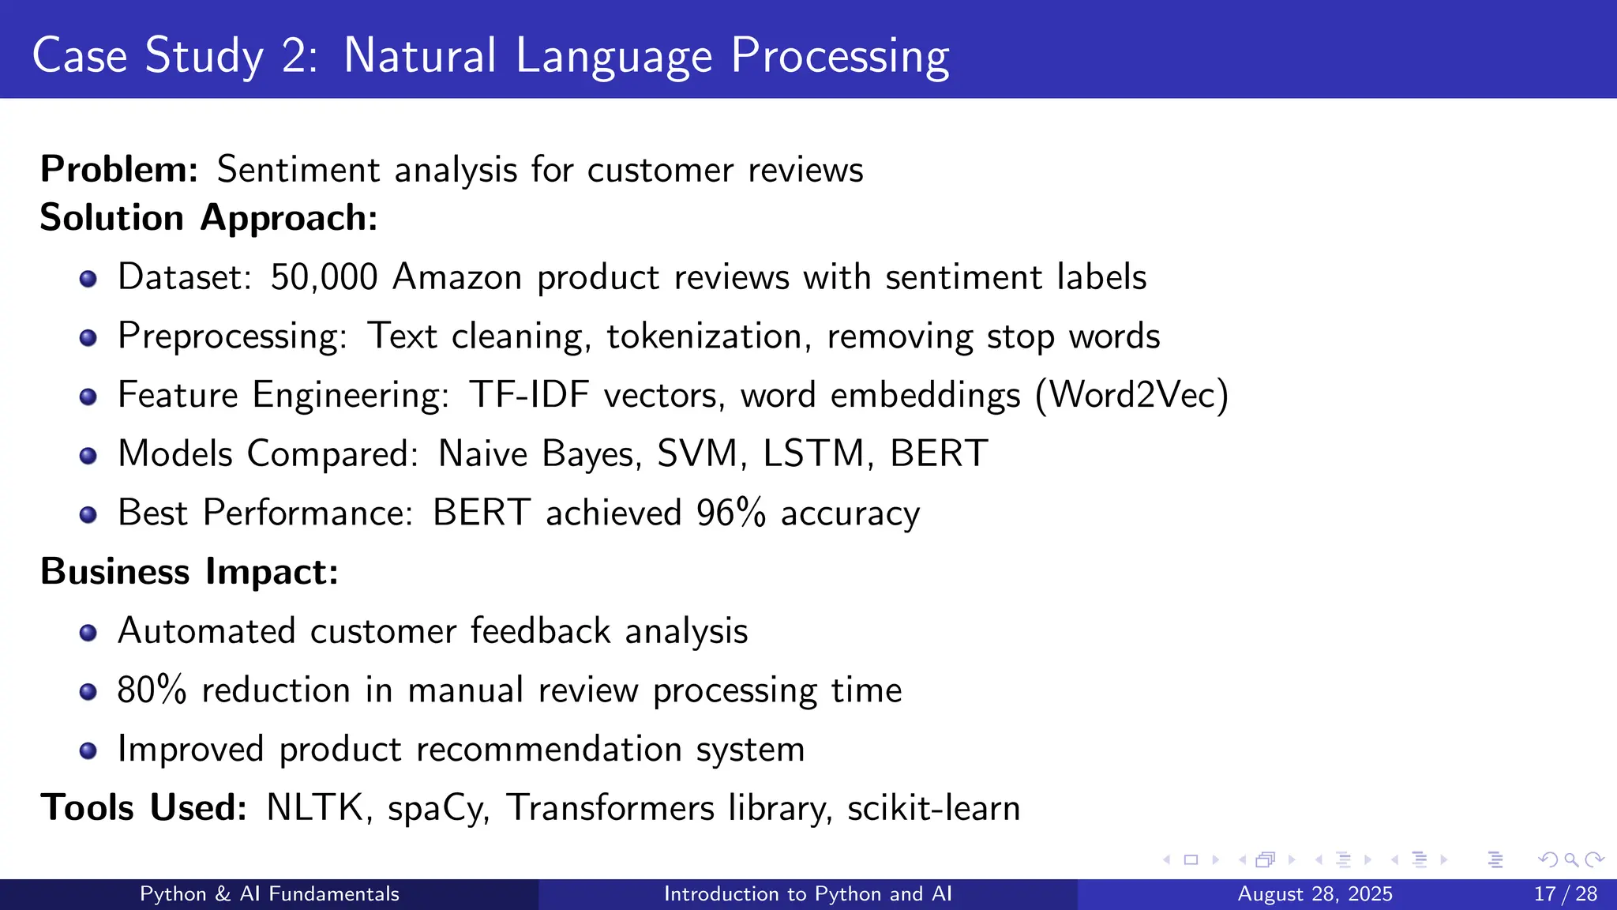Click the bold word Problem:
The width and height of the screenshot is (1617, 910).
pos(119,170)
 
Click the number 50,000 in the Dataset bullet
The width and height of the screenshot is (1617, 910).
pos(324,277)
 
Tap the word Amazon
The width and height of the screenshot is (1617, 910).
pos(457,277)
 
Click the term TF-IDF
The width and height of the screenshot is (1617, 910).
pos(529,395)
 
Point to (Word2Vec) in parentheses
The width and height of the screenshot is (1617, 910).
pos(1131,395)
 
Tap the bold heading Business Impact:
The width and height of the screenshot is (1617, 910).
pos(189,572)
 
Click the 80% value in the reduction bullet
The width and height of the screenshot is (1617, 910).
pos(152,690)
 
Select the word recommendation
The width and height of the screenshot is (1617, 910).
pos(549,749)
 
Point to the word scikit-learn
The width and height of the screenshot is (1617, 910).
pos(933,808)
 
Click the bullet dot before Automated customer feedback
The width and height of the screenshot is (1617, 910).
pos(88,633)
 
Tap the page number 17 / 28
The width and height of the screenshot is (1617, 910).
pos(1565,894)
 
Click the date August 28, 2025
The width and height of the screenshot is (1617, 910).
pos(1315,894)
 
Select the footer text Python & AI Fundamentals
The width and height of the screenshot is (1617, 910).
pos(269,894)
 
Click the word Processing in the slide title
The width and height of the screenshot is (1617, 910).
pos(839,57)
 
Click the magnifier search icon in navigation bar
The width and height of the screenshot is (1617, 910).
pos(1570,859)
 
